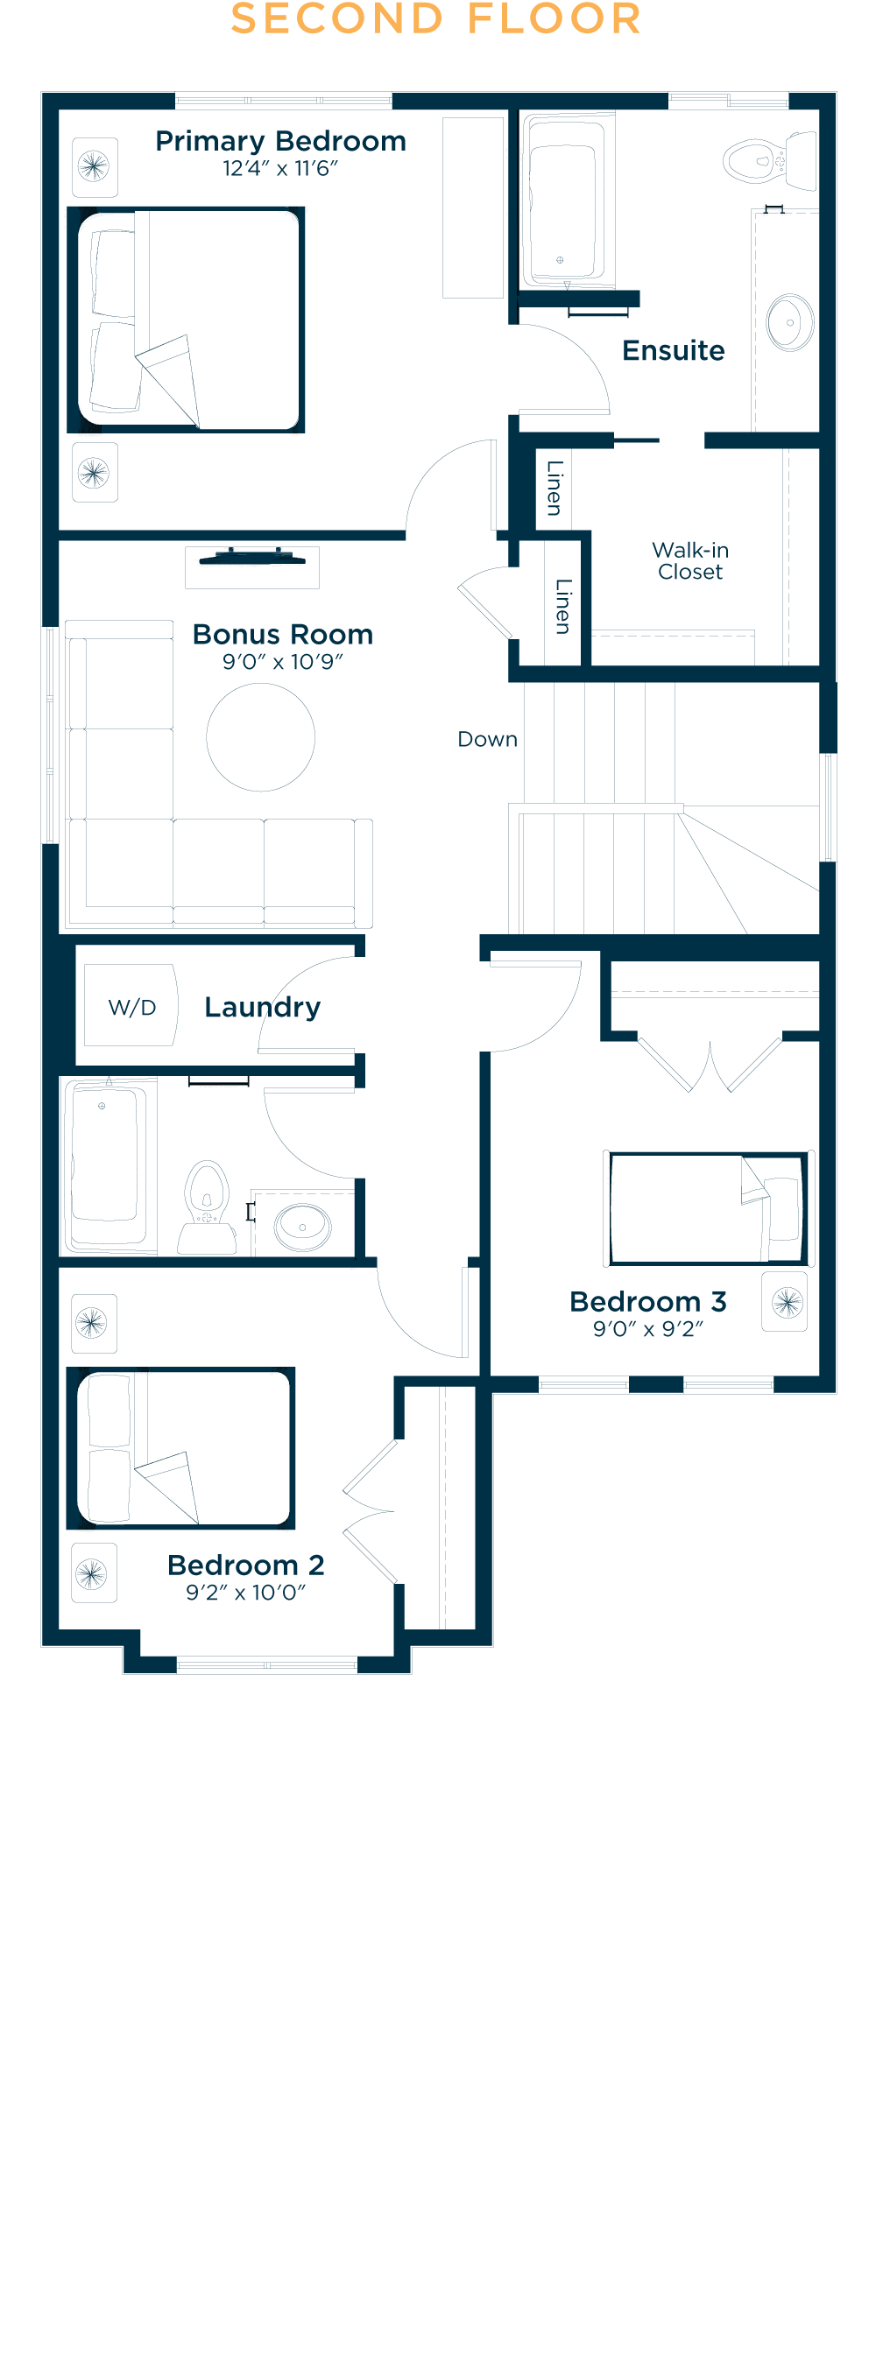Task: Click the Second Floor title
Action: (436, 18)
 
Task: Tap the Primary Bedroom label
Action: (280, 141)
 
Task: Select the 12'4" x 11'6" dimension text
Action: (280, 169)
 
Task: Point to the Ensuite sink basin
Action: (789, 322)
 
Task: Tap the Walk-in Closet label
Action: (690, 560)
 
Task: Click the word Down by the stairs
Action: (488, 740)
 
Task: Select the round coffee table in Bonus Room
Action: (261, 737)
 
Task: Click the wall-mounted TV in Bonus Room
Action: (252, 556)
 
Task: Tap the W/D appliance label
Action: (132, 1008)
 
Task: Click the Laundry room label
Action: (263, 1008)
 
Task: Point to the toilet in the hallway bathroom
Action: (208, 1207)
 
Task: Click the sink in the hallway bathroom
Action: (303, 1226)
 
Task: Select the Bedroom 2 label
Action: (246, 1565)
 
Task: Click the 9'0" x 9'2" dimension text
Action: (648, 1329)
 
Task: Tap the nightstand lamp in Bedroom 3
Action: (785, 1301)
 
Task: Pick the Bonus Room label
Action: (283, 634)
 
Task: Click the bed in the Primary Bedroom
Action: (187, 320)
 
